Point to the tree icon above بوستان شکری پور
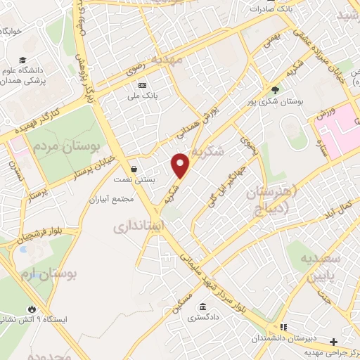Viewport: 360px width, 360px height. coord(275,89)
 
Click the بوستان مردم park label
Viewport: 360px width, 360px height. coord(65,148)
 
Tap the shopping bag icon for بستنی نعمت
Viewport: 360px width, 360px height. coord(134,169)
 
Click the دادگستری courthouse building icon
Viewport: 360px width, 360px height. coord(202,307)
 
